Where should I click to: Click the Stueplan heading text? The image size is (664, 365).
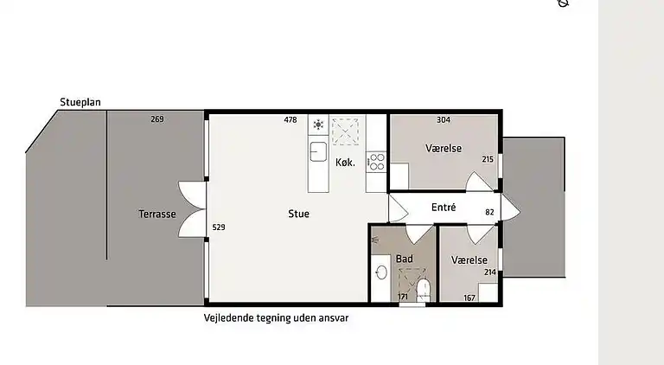pyautogui.click(x=80, y=102)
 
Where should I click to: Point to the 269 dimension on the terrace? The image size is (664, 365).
pyautogui.click(x=156, y=119)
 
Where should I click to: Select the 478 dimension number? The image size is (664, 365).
pyautogui.click(x=290, y=120)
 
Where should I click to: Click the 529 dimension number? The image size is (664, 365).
pyautogui.click(x=219, y=227)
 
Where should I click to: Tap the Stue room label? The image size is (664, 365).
pyautogui.click(x=298, y=214)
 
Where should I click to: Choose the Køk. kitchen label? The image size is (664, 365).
pyautogui.click(x=345, y=163)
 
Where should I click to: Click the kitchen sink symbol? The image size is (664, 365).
pyautogui.click(x=317, y=150)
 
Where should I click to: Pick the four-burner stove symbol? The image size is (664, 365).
pyautogui.click(x=376, y=163)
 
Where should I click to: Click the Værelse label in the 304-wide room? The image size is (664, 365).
pyautogui.click(x=443, y=149)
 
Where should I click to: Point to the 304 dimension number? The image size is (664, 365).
pyautogui.click(x=444, y=120)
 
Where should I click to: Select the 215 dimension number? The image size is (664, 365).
pyautogui.click(x=488, y=159)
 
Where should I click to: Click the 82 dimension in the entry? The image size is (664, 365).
pyautogui.click(x=489, y=212)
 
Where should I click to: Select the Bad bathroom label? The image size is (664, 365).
pyautogui.click(x=404, y=259)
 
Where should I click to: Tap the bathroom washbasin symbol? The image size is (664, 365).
pyautogui.click(x=381, y=272)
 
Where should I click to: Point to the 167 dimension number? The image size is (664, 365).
pyautogui.click(x=469, y=298)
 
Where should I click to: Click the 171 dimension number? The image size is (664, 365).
pyautogui.click(x=402, y=298)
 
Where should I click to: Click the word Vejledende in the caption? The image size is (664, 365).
pyautogui.click(x=227, y=317)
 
